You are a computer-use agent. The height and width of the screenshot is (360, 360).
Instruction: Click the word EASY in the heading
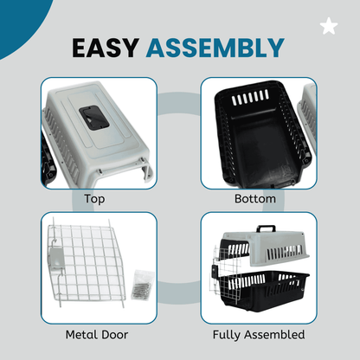(106, 48)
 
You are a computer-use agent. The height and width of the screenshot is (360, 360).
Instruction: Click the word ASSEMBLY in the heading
(215, 48)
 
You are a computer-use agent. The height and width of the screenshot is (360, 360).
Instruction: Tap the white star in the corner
(329, 26)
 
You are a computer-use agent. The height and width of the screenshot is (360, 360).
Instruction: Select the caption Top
(94, 199)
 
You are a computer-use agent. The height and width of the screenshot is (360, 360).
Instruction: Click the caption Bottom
(255, 199)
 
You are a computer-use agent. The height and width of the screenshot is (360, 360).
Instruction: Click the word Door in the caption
(115, 335)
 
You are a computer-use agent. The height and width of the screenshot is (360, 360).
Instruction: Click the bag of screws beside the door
(142, 285)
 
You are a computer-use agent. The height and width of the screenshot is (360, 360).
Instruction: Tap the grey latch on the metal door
(56, 259)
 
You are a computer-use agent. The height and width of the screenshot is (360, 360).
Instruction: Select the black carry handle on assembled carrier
(266, 228)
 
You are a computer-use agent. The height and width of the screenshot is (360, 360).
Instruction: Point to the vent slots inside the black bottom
(250, 97)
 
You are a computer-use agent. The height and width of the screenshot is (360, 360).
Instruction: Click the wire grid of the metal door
(87, 261)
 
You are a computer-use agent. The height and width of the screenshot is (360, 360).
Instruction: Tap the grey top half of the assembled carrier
(265, 247)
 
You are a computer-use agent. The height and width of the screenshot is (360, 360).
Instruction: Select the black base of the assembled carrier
(264, 289)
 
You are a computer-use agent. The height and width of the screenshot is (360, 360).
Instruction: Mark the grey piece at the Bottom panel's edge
(307, 121)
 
